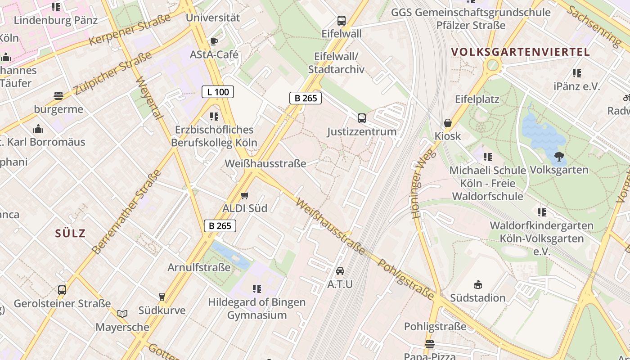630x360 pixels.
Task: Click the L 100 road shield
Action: [x=218, y=92]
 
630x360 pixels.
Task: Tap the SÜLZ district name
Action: [x=70, y=233]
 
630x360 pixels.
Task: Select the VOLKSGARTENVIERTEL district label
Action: [x=520, y=52]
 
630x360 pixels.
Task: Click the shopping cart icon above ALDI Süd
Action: [x=244, y=195]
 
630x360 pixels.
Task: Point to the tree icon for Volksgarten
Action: [x=559, y=157]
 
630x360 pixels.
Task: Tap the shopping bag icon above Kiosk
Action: [x=448, y=123]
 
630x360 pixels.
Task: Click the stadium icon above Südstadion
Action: [x=478, y=284]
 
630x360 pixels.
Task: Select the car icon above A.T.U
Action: [x=340, y=271]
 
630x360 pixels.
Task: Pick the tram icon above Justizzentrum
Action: [x=362, y=118]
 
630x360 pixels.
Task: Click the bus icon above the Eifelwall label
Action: [x=342, y=20]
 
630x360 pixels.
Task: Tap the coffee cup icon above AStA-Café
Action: [x=214, y=41]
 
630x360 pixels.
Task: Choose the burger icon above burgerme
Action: [x=58, y=95]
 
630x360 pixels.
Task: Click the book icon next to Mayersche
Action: [x=122, y=314]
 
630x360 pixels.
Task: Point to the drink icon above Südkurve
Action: [x=162, y=297]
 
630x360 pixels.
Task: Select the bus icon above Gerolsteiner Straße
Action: [x=62, y=290]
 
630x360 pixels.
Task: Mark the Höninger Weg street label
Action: [x=423, y=184]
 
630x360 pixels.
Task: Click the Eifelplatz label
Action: [x=477, y=99]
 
